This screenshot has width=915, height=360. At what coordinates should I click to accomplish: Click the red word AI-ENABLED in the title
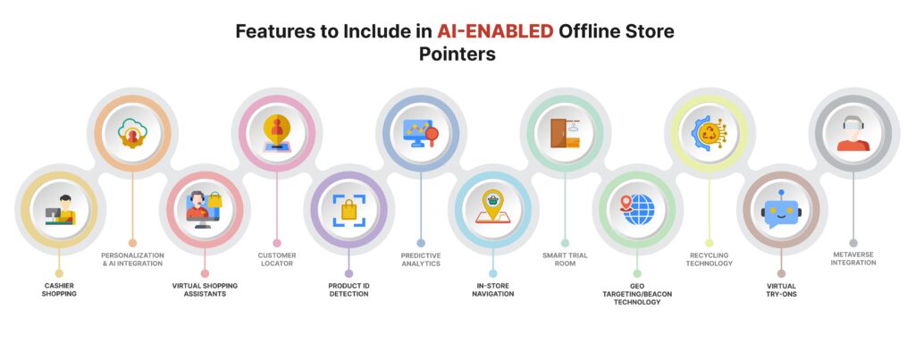tap(494, 32)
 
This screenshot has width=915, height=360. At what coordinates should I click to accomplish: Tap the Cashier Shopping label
tap(59, 289)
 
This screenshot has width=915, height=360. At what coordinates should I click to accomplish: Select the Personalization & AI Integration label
tap(132, 259)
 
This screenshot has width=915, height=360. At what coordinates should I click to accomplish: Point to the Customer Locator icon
tap(276, 133)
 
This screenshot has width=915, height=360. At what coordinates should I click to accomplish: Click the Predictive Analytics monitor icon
tap(420, 133)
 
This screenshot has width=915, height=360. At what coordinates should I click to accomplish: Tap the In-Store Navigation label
tap(492, 289)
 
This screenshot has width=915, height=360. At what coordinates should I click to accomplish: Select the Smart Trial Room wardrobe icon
tap(565, 133)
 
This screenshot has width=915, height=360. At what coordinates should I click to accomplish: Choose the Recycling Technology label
tap(709, 259)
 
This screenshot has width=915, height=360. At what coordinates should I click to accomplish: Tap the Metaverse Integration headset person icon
tap(852, 133)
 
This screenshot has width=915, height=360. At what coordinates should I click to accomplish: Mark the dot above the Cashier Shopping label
tap(59, 273)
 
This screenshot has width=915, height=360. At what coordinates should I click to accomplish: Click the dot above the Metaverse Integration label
tap(852, 242)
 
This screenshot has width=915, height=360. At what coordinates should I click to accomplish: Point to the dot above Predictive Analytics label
tap(420, 242)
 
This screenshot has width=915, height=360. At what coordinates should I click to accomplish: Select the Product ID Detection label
tap(348, 289)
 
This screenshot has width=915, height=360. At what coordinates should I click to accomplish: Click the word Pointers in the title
tap(457, 54)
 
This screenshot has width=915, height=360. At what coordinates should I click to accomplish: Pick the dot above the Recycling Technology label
tap(709, 242)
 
